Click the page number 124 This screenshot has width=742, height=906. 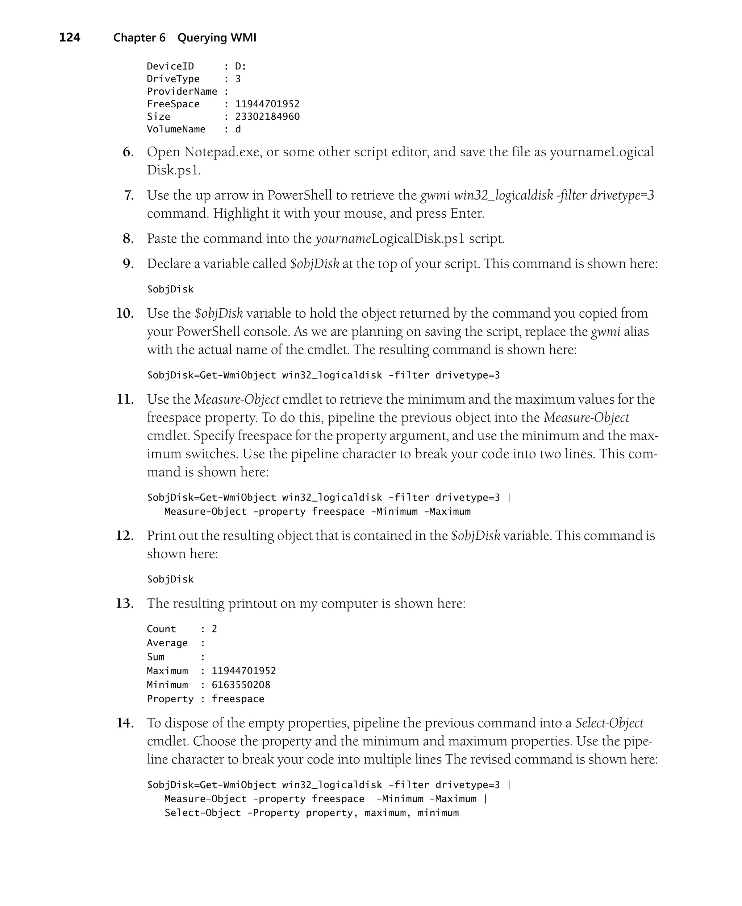pos(69,38)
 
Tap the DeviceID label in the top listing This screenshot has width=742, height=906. pos(170,66)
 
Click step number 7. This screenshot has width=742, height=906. pos(129,195)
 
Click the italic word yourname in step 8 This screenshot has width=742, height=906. pos(343,239)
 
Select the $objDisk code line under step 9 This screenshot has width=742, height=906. pos(170,289)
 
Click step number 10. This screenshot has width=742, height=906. pos(125,314)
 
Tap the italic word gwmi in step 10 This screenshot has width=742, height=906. pos(605,332)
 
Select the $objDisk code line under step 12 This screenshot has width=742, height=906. pos(170,580)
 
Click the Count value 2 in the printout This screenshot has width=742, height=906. pos(214,629)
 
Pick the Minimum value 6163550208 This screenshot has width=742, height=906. pos(241,685)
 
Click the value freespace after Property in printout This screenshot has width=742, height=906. pos(238,699)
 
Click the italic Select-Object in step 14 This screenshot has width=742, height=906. pos(609,723)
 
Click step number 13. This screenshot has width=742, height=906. pos(125,604)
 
